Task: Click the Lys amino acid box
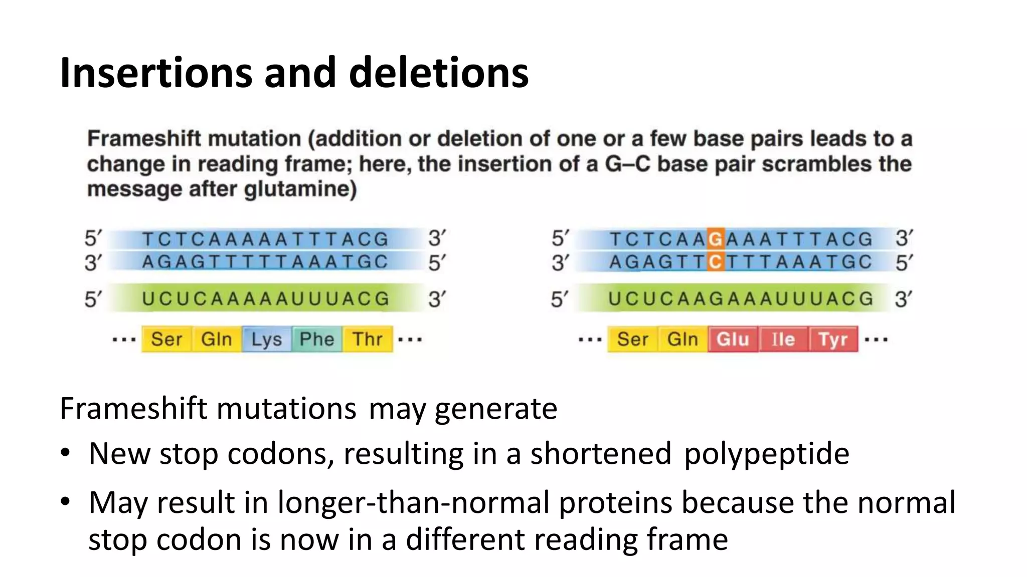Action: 267,339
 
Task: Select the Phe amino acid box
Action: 317,339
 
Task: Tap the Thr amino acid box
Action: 368,339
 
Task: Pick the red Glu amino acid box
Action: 733,339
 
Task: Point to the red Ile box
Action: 783,339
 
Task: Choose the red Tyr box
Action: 833,339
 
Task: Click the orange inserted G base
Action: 716,239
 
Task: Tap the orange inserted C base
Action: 716,262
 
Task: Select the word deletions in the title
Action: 438,73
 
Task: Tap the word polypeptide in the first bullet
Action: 766,453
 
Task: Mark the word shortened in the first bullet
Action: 601,453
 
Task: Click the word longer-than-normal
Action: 413,502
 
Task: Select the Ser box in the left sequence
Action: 166,339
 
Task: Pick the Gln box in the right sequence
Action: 682,339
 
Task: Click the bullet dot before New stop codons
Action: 66,453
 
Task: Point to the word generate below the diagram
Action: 495,408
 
